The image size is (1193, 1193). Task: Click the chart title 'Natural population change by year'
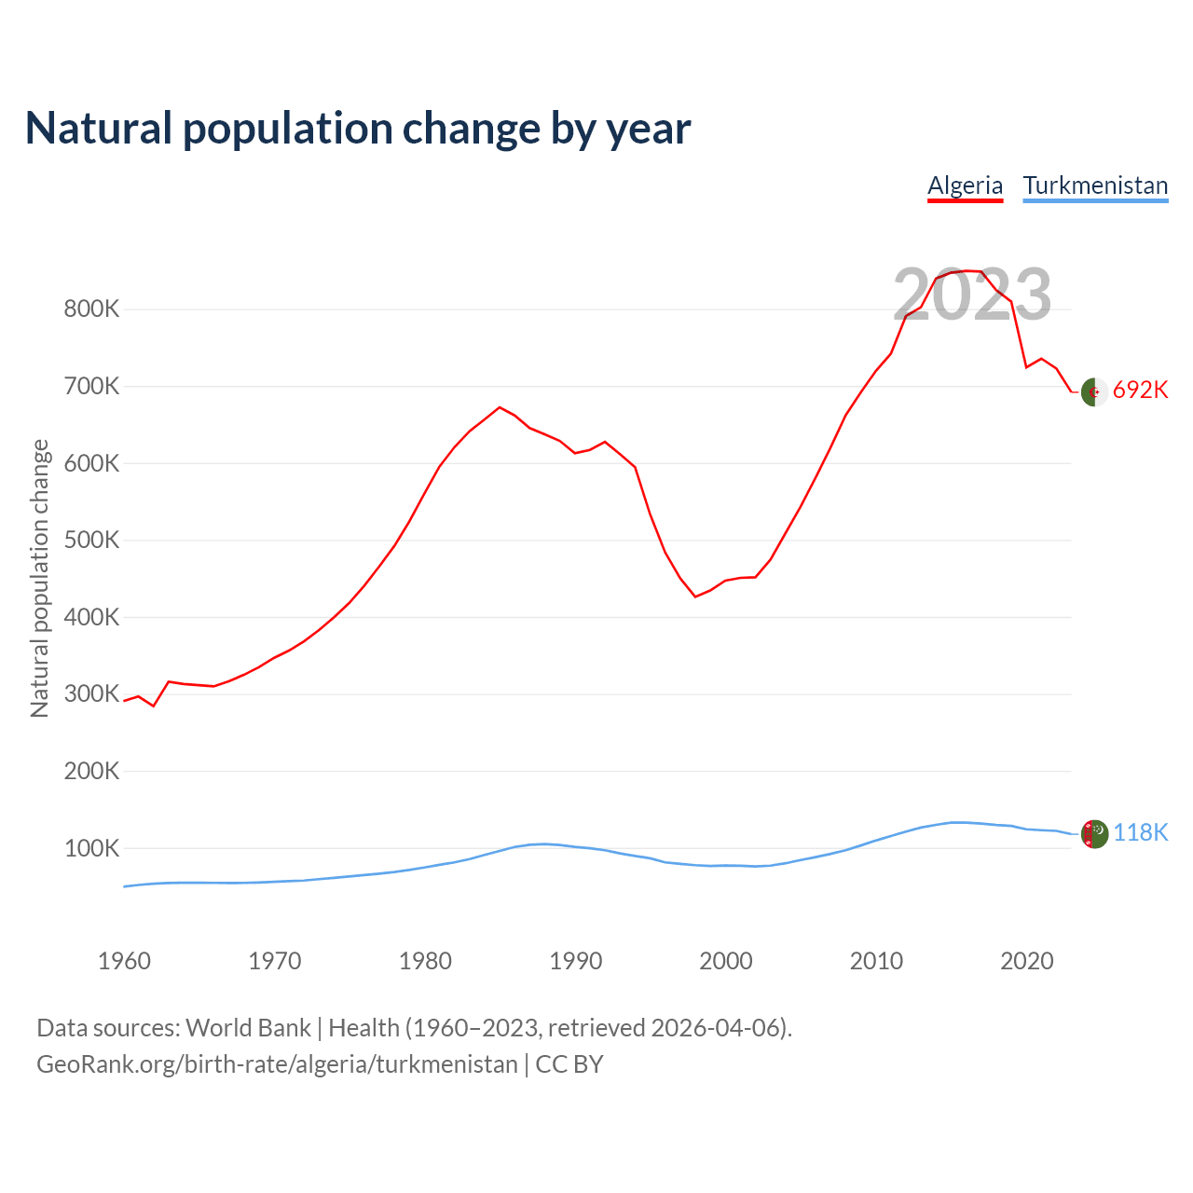point(358,129)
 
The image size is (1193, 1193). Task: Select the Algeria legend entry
point(965,185)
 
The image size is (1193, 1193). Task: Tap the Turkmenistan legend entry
point(1095,185)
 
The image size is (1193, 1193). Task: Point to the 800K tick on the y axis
point(91,309)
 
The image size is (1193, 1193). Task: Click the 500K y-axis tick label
point(91,541)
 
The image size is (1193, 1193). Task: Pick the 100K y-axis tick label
point(91,849)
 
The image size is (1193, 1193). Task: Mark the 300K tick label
point(91,694)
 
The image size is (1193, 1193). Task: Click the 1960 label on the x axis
point(124,961)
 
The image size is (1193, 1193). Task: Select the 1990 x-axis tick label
point(575,961)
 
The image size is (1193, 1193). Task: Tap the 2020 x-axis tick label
point(1026,961)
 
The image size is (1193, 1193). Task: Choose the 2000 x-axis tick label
point(725,961)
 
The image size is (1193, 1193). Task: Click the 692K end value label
point(1140,390)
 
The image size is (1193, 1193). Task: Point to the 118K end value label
point(1140,832)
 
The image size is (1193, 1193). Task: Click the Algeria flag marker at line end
point(1094,392)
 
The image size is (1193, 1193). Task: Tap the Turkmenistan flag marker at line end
point(1094,834)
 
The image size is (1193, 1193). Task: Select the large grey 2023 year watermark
point(972,295)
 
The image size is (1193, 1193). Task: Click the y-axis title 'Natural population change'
point(40,579)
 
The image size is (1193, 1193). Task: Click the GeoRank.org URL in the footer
point(277,1064)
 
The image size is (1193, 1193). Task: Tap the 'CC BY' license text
point(569,1064)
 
